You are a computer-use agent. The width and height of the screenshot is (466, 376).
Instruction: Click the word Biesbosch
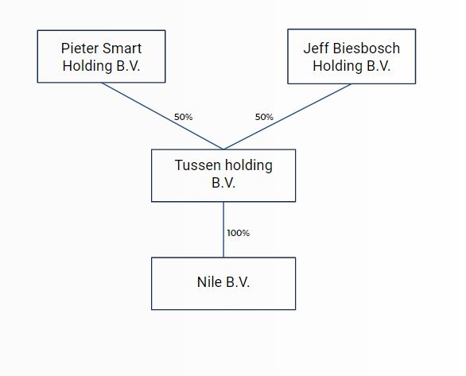tap(367, 48)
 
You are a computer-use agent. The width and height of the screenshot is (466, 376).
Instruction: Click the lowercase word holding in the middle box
tap(249, 165)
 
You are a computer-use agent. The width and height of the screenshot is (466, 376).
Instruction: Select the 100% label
tap(239, 233)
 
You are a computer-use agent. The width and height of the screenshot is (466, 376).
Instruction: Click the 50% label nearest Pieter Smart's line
tap(184, 117)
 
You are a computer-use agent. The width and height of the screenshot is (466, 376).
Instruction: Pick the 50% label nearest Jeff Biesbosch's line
tap(264, 117)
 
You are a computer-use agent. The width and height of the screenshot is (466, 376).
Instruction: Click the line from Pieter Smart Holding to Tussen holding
tap(162, 116)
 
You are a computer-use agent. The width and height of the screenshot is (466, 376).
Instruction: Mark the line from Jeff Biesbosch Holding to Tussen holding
tap(287, 116)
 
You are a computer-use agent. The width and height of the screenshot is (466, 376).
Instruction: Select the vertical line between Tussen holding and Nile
tap(223, 230)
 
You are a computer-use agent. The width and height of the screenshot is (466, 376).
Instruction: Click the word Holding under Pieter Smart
tap(87, 66)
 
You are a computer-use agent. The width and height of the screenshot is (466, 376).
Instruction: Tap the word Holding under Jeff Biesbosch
tap(338, 66)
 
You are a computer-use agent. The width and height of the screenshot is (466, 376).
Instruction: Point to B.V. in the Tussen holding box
tap(223, 183)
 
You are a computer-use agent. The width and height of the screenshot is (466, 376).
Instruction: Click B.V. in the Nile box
tap(238, 282)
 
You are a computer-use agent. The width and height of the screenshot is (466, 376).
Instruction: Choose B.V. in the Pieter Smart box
tap(128, 66)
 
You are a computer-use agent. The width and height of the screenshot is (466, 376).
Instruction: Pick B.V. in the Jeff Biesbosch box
tap(379, 66)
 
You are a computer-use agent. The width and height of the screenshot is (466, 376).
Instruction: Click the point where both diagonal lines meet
tap(223, 149)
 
